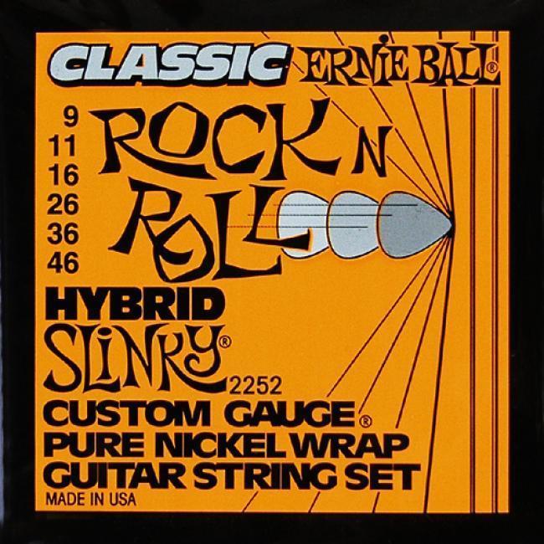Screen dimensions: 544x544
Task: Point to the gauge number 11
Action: coord(62,146)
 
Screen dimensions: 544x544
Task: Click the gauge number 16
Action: coord(62,175)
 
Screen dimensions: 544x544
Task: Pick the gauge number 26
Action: coord(62,204)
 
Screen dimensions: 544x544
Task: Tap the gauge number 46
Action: coord(62,264)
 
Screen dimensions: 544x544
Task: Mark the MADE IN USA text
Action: coord(91,500)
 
